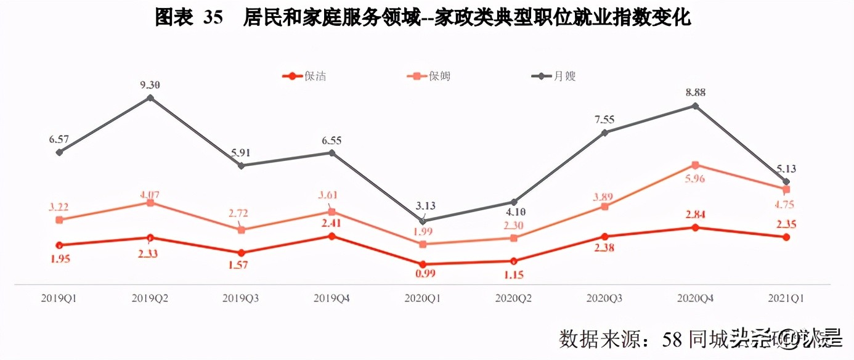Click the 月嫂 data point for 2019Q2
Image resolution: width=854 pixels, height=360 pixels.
tap(150, 97)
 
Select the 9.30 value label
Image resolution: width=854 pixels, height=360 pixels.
tap(150, 85)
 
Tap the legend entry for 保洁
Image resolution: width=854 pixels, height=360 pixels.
tap(304, 76)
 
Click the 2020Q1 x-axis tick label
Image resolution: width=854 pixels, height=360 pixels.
tap(423, 298)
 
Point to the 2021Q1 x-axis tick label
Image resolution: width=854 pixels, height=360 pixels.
tap(786, 298)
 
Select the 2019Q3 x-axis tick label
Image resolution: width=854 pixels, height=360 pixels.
tap(241, 298)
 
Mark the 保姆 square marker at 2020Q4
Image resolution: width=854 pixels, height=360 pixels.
tap(695, 165)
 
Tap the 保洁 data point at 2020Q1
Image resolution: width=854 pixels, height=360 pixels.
tap(423, 264)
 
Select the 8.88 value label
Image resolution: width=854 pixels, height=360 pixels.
tap(695, 92)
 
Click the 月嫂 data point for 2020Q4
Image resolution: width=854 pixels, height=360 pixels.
tap(695, 106)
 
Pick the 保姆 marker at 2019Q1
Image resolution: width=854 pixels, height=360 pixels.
tap(59, 220)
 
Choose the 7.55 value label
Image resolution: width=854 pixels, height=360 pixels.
tap(604, 119)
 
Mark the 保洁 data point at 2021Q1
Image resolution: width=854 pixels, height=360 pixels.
tap(786, 237)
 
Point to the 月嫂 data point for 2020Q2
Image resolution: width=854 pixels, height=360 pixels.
tap(513, 202)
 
